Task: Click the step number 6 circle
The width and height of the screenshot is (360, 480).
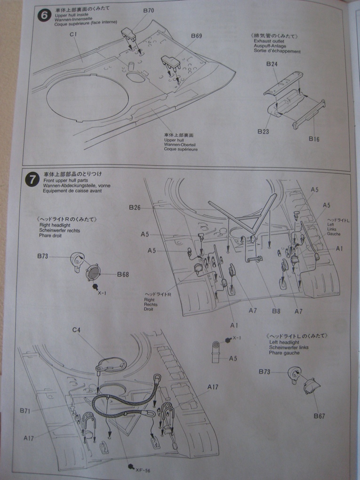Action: click(44, 15)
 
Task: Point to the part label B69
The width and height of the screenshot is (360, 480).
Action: click(196, 36)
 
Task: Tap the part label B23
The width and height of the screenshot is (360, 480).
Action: click(263, 132)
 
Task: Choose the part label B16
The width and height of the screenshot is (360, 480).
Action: click(314, 138)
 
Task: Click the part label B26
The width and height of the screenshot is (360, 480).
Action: click(135, 207)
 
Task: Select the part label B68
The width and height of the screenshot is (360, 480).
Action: click(123, 274)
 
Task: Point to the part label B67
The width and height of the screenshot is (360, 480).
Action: click(320, 416)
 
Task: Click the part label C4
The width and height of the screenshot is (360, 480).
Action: click(77, 330)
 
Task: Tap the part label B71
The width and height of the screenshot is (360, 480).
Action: click(25, 411)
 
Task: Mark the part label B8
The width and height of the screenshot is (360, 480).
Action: click(276, 311)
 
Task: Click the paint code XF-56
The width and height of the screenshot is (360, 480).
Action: click(143, 469)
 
